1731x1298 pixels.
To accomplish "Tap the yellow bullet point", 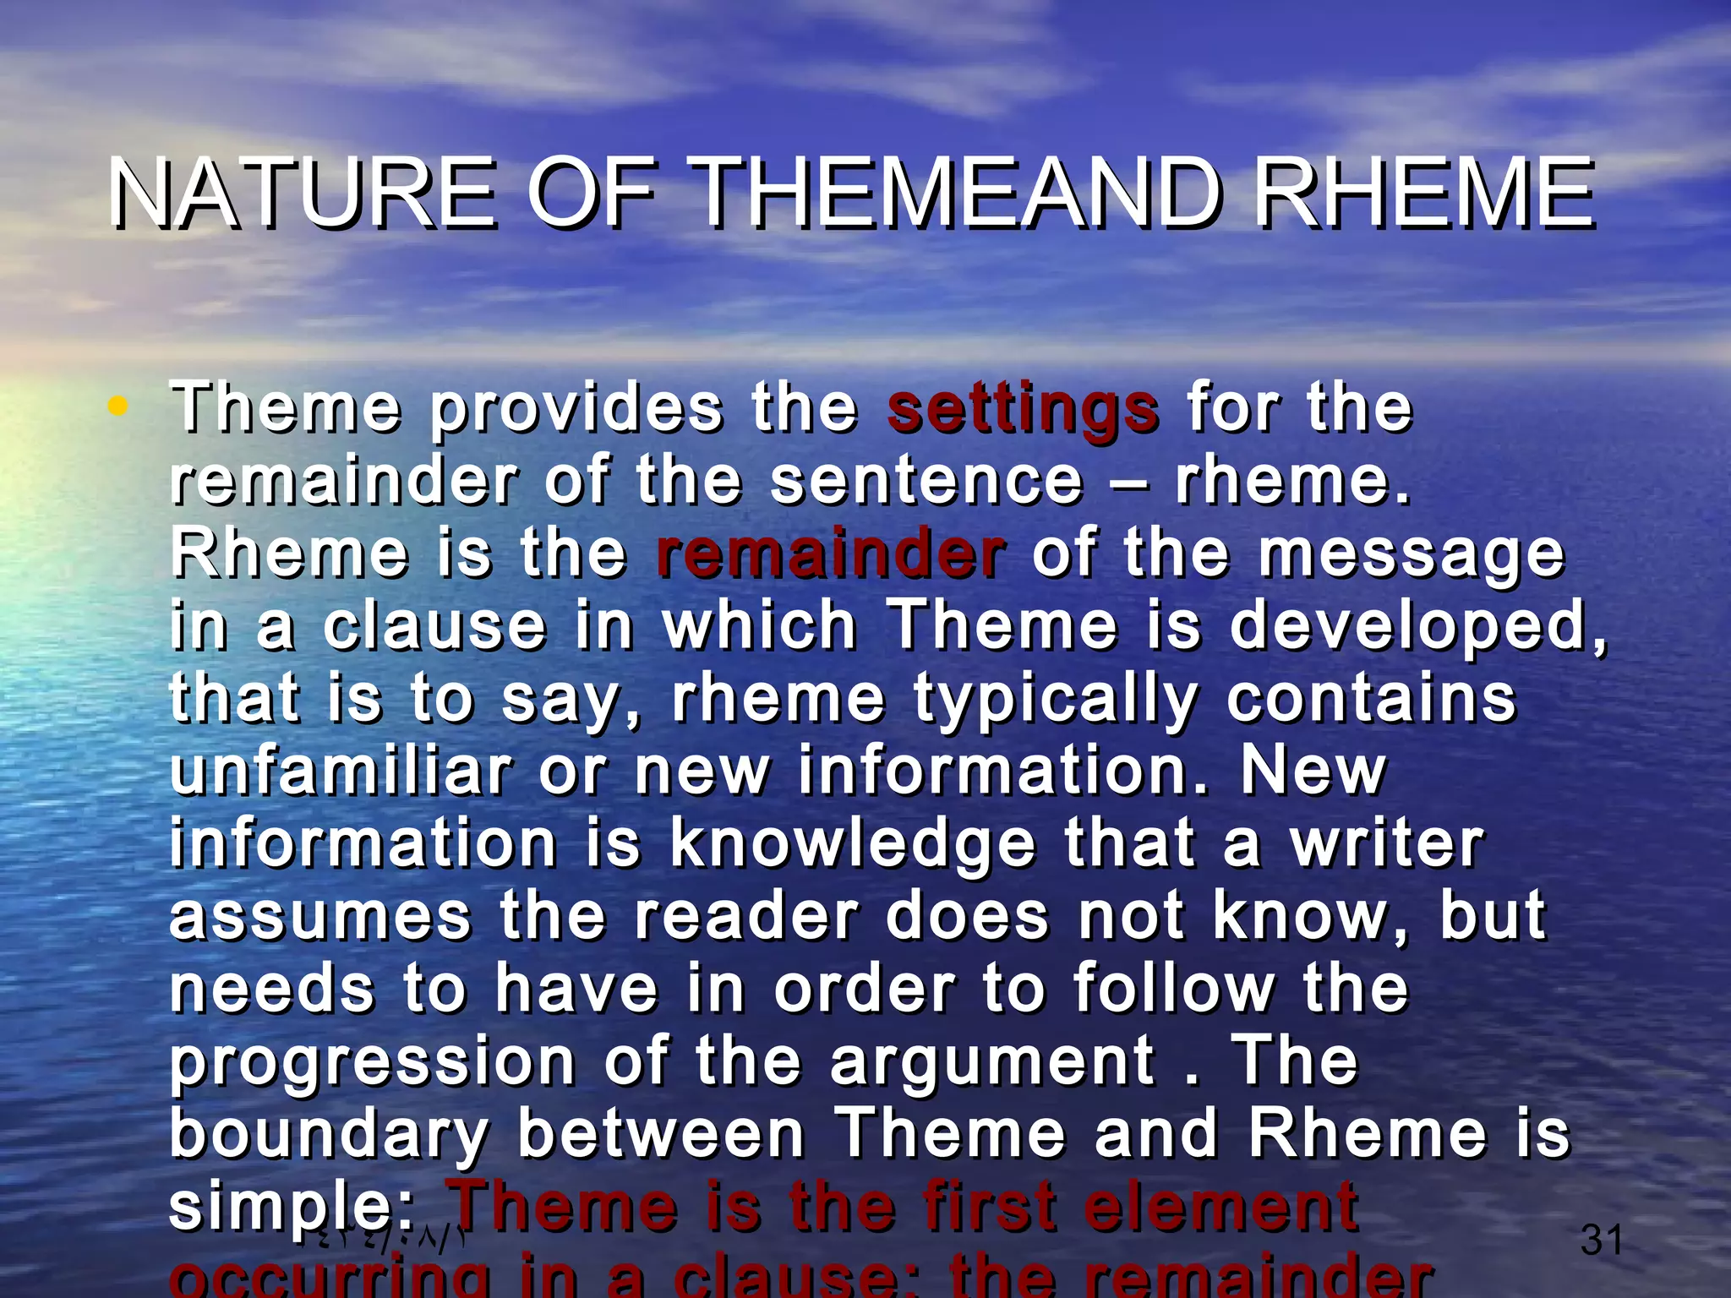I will pyautogui.click(x=117, y=406).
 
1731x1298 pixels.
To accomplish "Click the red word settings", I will pyautogui.click(x=1023, y=409).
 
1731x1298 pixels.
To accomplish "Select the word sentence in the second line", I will pyautogui.click(x=926, y=481).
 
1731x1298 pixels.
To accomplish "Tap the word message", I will pyautogui.click(x=1412, y=556).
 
